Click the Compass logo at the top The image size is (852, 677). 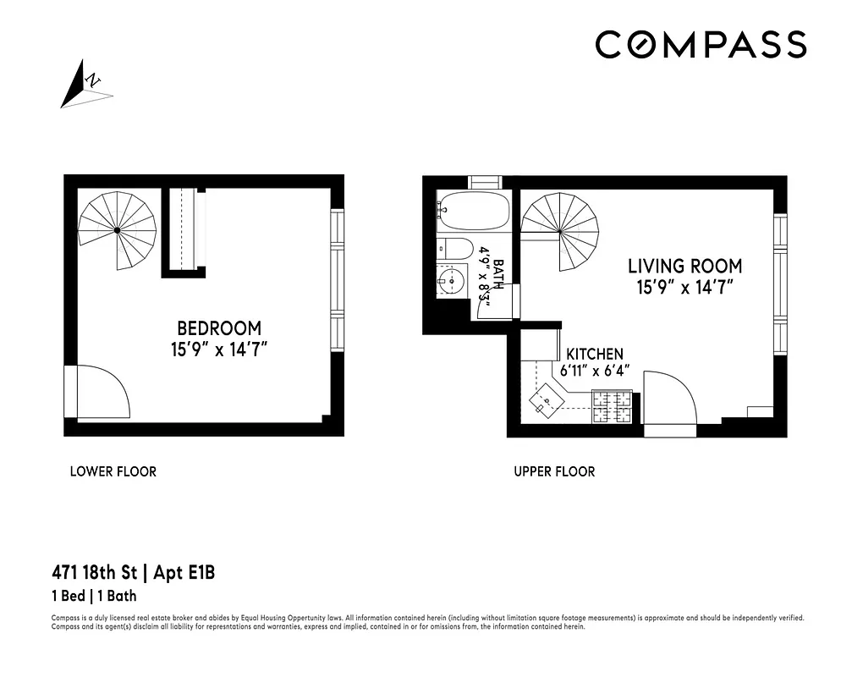701,45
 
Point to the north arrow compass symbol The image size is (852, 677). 85,85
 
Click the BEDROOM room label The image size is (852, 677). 219,327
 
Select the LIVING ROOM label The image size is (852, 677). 684,267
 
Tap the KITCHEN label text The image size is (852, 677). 595,354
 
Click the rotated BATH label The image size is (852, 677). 498,274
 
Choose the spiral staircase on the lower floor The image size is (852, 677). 118,229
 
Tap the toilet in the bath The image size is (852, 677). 455,249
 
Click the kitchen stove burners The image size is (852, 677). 611,405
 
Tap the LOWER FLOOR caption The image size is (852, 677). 113,471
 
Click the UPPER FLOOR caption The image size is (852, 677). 554,471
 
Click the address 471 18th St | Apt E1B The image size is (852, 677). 133,573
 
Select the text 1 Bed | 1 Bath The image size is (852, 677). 94,596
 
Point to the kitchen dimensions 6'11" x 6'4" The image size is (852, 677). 595,370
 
